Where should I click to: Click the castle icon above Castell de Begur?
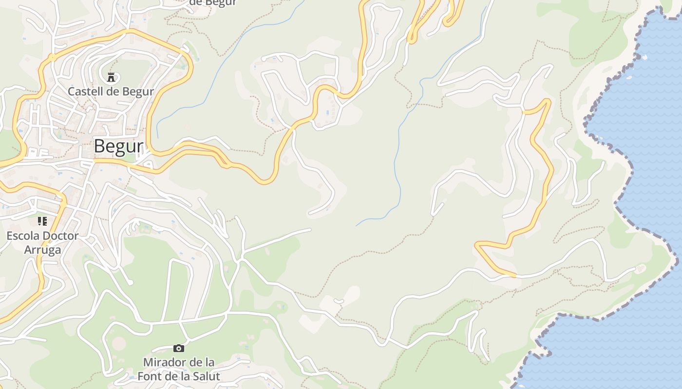111,76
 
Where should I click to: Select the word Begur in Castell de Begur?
138,91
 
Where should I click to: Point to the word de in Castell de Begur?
113,91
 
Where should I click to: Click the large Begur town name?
118,146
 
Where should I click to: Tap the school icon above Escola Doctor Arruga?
42,221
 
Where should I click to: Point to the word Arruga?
42,250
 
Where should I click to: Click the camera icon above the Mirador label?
179,348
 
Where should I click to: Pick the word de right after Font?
170,376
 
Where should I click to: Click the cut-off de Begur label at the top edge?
212,2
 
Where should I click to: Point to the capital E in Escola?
10,236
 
